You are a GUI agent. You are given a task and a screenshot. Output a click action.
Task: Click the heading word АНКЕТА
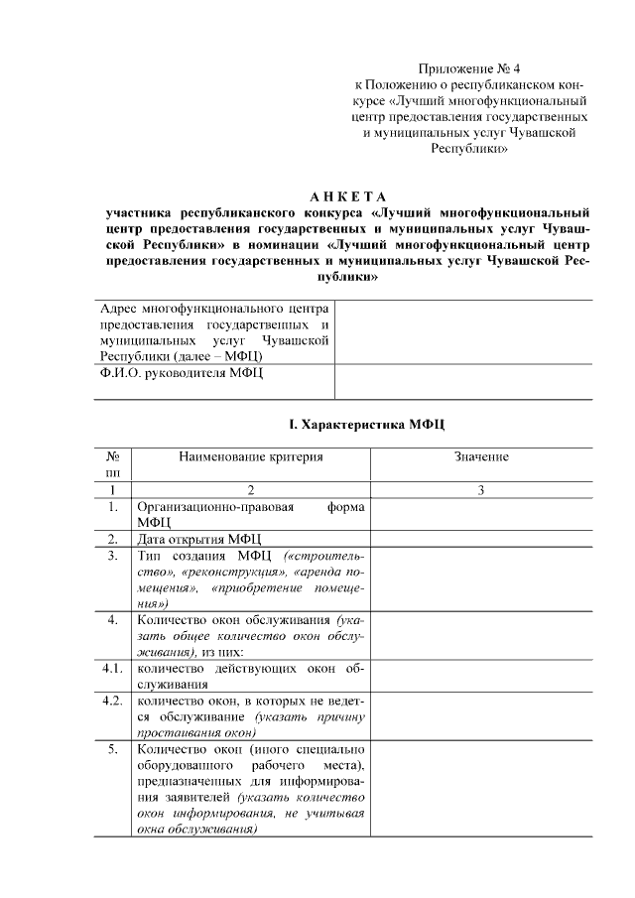tap(346, 193)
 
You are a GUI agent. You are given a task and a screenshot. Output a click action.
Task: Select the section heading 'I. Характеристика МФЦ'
tap(367, 425)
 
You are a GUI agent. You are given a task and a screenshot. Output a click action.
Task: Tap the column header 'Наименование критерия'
tap(251, 456)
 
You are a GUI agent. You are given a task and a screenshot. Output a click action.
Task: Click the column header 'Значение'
tap(481, 456)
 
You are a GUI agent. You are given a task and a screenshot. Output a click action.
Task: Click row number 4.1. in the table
tap(113, 668)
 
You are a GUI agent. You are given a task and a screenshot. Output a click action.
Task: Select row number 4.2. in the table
tap(113, 701)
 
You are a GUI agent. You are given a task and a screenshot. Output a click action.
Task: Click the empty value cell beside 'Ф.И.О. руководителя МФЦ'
tap(464, 382)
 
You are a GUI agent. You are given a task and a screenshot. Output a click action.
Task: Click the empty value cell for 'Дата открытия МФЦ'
tap(481, 539)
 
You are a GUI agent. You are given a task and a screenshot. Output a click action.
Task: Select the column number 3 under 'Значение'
tap(481, 490)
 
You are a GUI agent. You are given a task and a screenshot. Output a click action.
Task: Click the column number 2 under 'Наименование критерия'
tap(251, 490)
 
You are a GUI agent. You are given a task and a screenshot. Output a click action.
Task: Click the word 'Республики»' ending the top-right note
tap(469, 149)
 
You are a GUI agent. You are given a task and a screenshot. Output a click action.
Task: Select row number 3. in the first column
tap(113, 556)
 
